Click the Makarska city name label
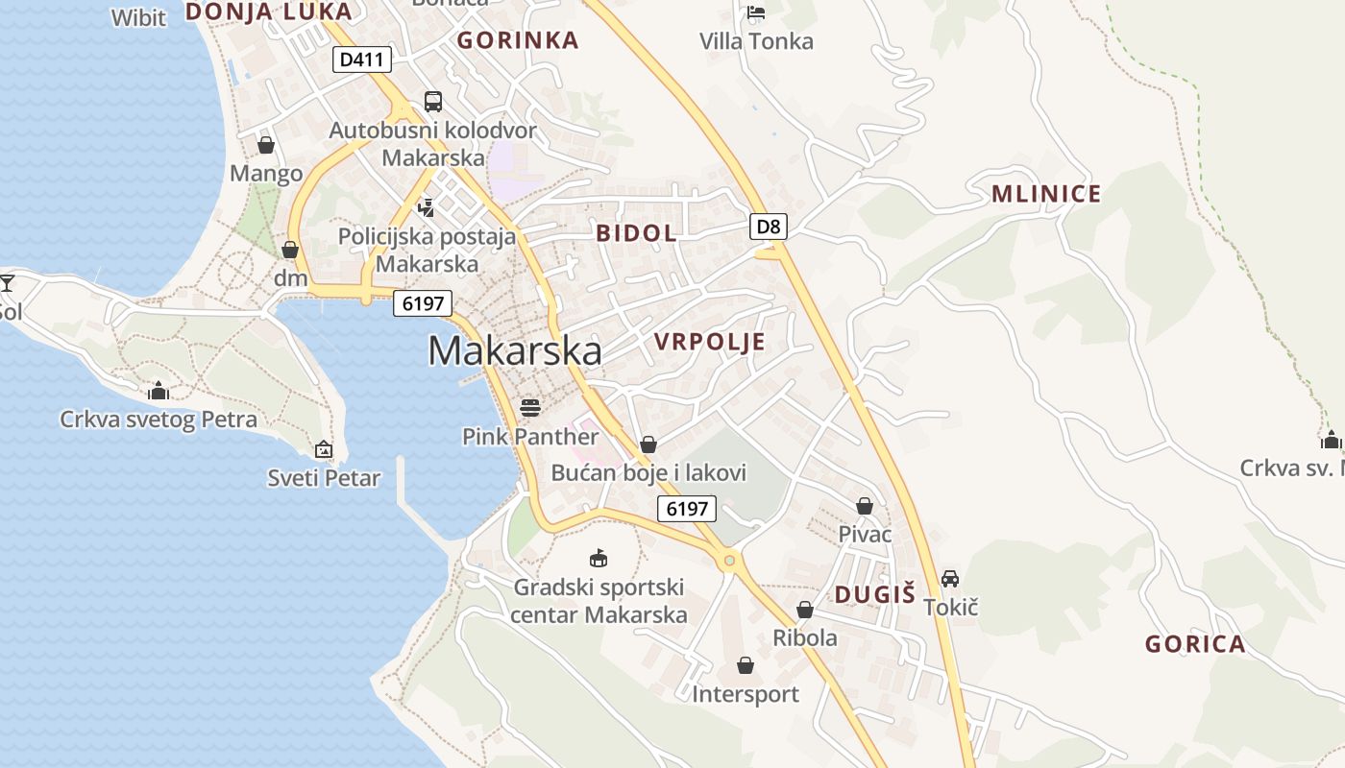click(515, 350)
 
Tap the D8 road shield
click(769, 227)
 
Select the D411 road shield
click(362, 60)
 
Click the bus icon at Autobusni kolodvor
click(433, 102)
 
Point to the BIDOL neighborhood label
click(636, 232)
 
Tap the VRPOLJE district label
click(709, 342)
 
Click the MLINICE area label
click(1046, 194)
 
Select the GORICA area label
click(1195, 644)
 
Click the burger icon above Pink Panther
click(530, 408)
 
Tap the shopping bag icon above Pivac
click(865, 506)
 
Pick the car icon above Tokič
click(950, 579)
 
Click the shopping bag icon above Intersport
click(746, 665)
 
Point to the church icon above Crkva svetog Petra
click(159, 391)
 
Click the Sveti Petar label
click(324, 478)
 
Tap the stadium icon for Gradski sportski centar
click(599, 558)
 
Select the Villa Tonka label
click(756, 41)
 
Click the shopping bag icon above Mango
click(266, 145)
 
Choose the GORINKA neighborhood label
click(518, 40)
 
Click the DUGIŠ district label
click(874, 594)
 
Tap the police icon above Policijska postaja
click(427, 206)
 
